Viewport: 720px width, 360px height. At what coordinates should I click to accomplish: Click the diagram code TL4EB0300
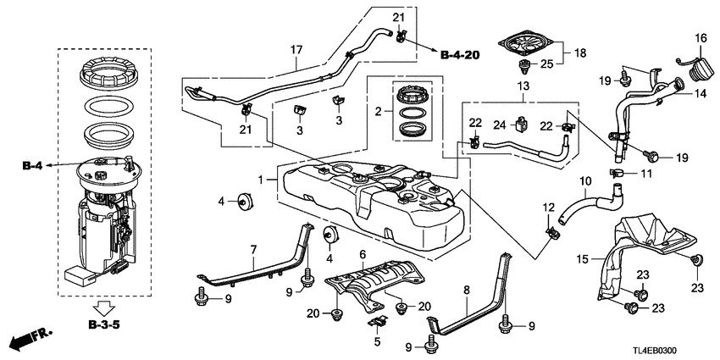click(674, 349)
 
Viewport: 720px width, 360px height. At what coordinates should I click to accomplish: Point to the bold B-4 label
click(31, 167)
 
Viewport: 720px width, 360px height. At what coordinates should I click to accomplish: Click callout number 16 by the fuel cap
click(701, 37)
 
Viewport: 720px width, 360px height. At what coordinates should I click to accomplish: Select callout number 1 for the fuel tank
click(260, 180)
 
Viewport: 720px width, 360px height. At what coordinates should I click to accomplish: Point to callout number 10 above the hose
click(584, 181)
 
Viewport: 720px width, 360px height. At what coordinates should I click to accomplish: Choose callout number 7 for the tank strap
click(252, 249)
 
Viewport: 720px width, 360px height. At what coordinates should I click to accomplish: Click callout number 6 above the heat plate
click(362, 254)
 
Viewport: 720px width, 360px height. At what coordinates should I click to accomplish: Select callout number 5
click(377, 342)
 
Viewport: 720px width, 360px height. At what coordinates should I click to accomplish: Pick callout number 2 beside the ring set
click(379, 110)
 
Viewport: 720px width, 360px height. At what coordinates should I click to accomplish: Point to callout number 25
click(546, 64)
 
